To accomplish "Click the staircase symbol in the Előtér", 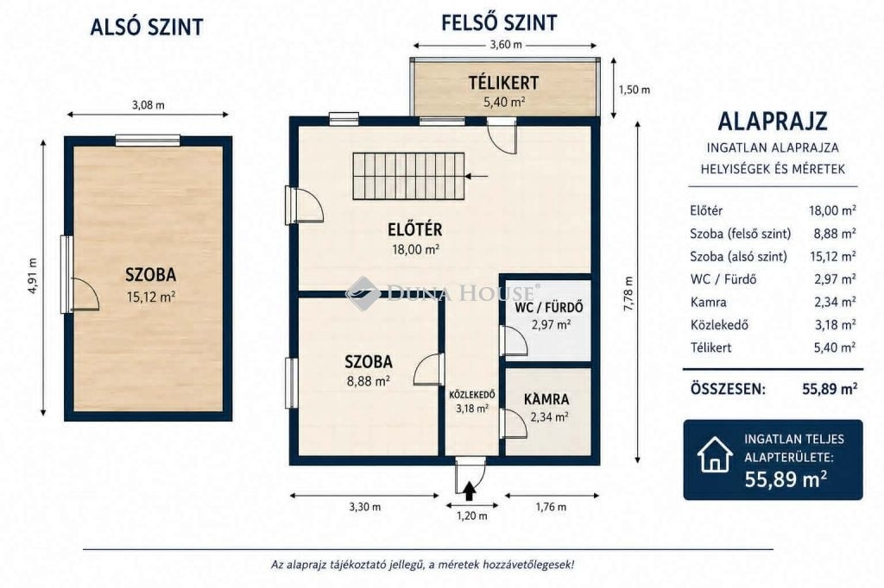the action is tap(408, 176).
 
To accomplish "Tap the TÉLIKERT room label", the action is tap(503, 83).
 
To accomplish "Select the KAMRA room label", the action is tap(546, 399).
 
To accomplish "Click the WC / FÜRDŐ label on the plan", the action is tap(548, 308).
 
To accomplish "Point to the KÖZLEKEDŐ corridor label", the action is tap(472, 394).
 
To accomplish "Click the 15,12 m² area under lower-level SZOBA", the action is tap(150, 297).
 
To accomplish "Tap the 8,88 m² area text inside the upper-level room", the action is tap(369, 381).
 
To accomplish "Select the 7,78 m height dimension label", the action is tap(629, 293).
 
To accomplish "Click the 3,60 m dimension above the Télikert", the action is tap(504, 45).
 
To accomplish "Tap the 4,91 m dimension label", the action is tap(33, 276).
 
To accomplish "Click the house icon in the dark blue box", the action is tap(715, 454).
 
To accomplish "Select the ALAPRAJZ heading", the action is tap(773, 121).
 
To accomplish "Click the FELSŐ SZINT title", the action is tap(499, 23).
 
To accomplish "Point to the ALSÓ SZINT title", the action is tap(147, 27).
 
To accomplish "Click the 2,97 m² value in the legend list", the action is tap(835, 279).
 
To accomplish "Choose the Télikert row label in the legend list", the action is tap(711, 347).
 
